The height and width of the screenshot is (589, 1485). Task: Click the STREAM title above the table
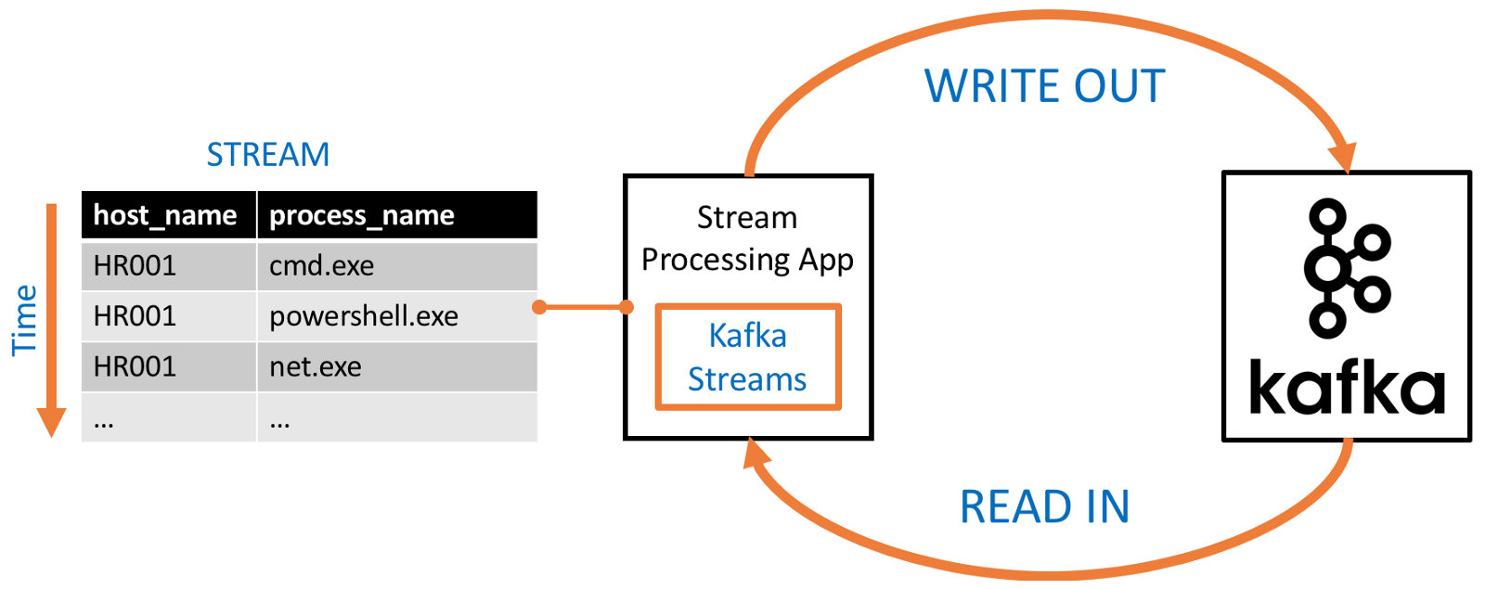[267, 154]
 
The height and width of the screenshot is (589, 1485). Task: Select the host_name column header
[165, 215]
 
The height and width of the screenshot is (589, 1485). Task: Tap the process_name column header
[362, 215]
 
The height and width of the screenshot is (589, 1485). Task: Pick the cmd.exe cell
[321, 266]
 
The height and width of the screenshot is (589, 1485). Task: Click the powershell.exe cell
[364, 316]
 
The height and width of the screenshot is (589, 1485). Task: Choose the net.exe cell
[316, 366]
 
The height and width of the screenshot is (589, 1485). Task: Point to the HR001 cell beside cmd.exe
[135, 266]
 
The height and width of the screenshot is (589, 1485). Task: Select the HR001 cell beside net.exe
[135, 366]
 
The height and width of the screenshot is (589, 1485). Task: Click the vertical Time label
[23, 320]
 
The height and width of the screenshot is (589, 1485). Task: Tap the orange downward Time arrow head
[51, 422]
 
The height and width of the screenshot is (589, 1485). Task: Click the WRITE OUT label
[1044, 86]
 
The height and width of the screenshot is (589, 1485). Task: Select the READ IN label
[1044, 506]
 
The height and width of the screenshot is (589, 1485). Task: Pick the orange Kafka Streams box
[747, 357]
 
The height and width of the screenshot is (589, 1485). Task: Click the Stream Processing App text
[747, 238]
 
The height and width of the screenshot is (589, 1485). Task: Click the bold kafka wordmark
[1347, 387]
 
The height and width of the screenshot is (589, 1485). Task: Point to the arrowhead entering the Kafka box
[1343, 158]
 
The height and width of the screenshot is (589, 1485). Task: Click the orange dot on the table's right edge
[539, 307]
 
